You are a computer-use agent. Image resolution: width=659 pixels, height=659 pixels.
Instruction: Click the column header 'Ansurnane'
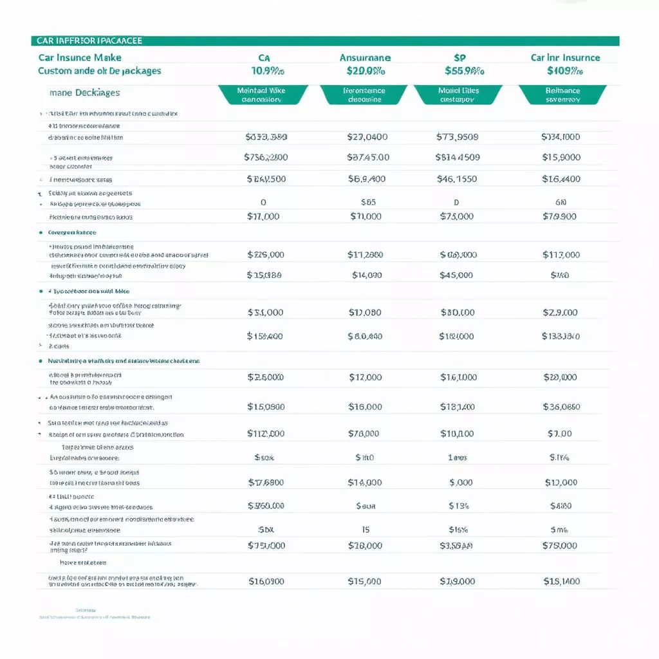point(365,57)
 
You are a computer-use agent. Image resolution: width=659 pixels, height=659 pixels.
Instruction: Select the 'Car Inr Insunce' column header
point(565,57)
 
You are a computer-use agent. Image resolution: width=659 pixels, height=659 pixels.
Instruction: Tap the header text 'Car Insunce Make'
point(80,57)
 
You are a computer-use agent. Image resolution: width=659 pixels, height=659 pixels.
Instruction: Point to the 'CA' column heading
point(264,57)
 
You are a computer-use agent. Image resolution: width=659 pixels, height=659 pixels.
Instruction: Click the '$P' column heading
point(460,57)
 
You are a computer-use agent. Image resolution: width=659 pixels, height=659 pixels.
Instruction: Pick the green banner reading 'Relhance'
point(562,95)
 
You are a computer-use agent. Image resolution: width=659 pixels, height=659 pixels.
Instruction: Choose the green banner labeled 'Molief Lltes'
point(458,95)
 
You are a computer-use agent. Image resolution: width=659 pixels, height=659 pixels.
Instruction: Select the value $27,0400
point(367,136)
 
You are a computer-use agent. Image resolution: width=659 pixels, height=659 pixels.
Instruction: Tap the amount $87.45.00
point(367,157)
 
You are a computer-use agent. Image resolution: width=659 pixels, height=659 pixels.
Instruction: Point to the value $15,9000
point(561,157)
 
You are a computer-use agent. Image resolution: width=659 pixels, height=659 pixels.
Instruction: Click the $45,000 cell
point(456,275)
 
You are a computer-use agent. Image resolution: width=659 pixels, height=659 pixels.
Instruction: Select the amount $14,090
point(367,275)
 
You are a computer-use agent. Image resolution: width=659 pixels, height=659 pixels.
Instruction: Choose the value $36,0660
point(561,406)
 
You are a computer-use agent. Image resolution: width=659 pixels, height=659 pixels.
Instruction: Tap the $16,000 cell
point(365,406)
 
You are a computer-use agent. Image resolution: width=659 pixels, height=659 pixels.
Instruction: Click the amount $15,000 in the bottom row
point(364,581)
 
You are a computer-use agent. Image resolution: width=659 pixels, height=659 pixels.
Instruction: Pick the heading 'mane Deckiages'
point(84,93)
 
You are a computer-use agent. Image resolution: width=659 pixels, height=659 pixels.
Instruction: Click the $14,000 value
point(365,482)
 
